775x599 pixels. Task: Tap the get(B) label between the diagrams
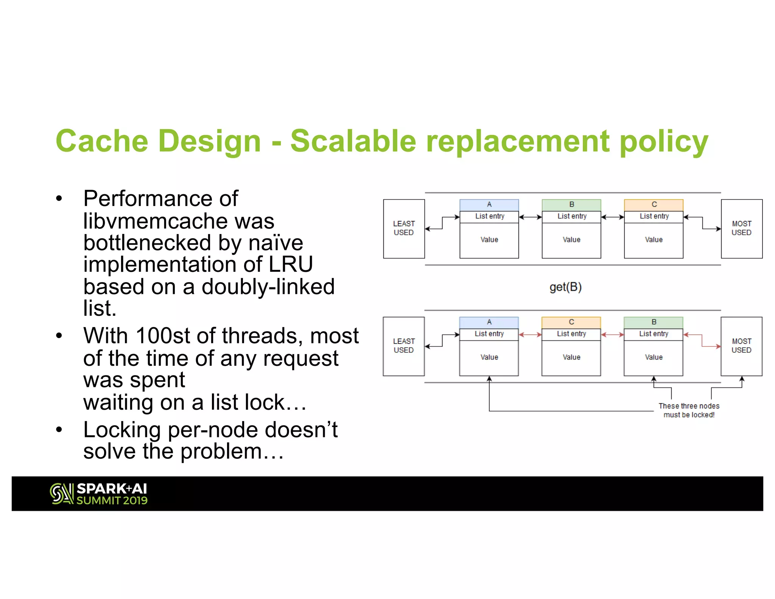click(565, 287)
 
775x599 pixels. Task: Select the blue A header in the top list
click(489, 205)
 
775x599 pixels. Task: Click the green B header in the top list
click(571, 205)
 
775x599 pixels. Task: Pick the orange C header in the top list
click(654, 205)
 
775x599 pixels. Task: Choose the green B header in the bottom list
click(654, 322)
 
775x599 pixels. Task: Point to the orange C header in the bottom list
click(571, 322)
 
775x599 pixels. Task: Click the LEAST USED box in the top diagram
click(404, 229)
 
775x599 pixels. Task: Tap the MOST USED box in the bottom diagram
click(741, 346)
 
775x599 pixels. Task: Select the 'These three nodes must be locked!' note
click(689, 410)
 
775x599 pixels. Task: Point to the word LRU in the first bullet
click(291, 264)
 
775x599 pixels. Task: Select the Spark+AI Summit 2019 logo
click(99, 494)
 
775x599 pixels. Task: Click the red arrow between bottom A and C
click(530, 335)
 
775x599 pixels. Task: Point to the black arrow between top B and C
click(612, 217)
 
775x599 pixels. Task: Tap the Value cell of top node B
click(571, 240)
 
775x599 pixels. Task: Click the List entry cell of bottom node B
click(654, 334)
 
